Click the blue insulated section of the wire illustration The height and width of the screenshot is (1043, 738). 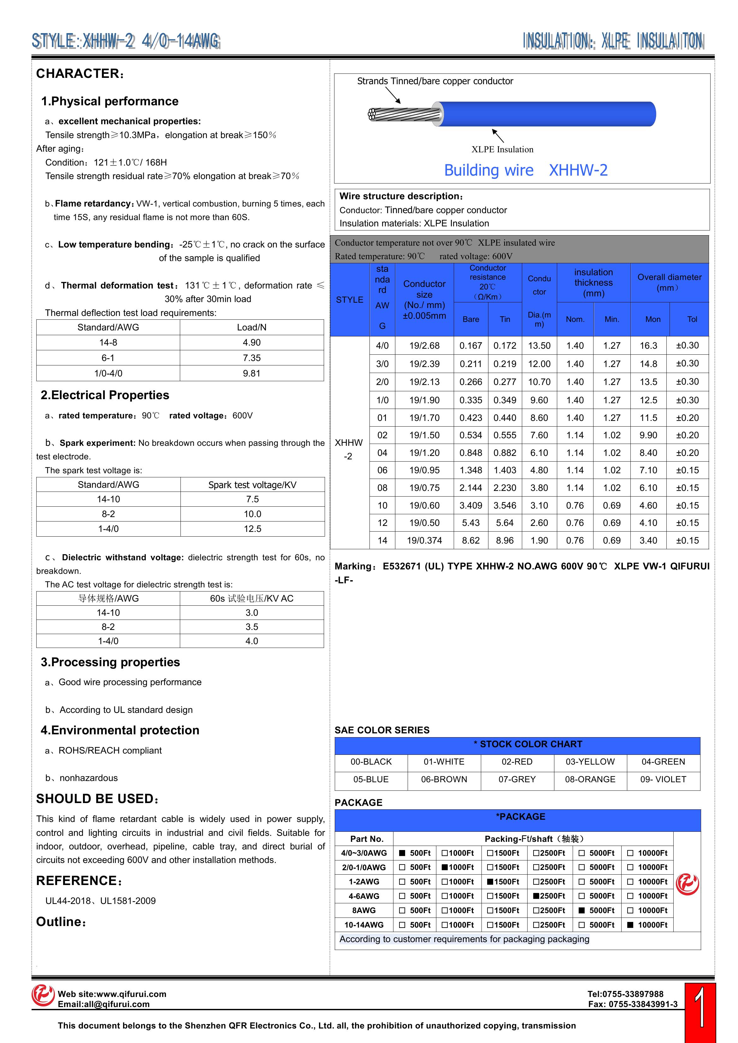click(x=546, y=114)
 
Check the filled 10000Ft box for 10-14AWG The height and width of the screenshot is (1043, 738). click(x=630, y=924)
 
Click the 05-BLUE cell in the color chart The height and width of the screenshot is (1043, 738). click(x=371, y=779)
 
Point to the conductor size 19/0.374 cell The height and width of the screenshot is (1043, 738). click(x=424, y=540)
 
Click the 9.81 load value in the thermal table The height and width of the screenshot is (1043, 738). click(x=251, y=373)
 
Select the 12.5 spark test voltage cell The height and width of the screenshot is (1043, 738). click(x=252, y=529)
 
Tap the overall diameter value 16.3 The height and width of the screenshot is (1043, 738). click(x=648, y=345)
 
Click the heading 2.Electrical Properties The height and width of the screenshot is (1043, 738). click(x=105, y=395)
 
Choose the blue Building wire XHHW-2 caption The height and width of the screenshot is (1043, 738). click(x=525, y=170)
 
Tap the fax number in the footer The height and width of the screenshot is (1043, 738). click(x=633, y=1004)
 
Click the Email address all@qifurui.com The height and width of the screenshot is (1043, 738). click(x=104, y=1004)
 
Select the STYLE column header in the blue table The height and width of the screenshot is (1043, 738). click(x=349, y=300)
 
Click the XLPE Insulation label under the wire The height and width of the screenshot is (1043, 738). click(x=502, y=149)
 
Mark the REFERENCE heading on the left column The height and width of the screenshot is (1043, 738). click(x=79, y=881)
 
